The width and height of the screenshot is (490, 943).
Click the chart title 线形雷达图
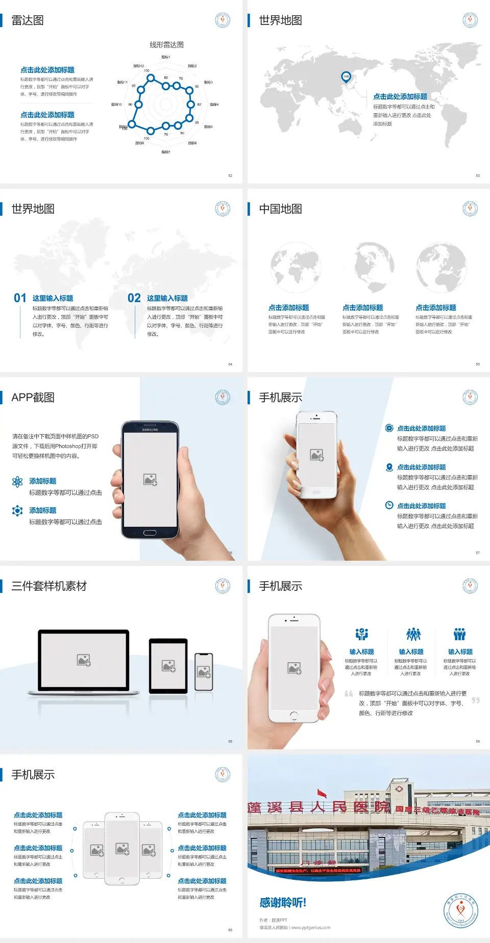166,45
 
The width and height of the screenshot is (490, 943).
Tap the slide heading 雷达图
28,20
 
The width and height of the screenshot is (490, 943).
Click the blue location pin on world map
346,77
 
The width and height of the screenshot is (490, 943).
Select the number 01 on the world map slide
20,298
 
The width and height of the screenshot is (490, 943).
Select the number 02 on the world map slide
134,298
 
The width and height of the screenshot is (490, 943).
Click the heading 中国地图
280,209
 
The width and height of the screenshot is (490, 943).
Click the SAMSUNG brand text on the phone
150,430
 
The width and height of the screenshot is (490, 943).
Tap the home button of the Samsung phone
150,533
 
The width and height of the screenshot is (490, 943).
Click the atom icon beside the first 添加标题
17,482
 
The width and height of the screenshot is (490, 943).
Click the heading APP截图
33,398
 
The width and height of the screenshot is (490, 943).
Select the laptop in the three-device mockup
84,662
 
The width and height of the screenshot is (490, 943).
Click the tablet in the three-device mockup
168,666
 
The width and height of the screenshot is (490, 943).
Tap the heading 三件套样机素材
49,586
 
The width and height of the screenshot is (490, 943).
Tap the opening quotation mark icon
349,694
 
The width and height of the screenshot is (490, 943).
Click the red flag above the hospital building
322,793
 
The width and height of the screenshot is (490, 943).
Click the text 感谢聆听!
283,903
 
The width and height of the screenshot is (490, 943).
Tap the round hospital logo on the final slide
460,910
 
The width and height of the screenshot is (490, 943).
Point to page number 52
230,175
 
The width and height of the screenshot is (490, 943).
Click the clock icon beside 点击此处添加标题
389,505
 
